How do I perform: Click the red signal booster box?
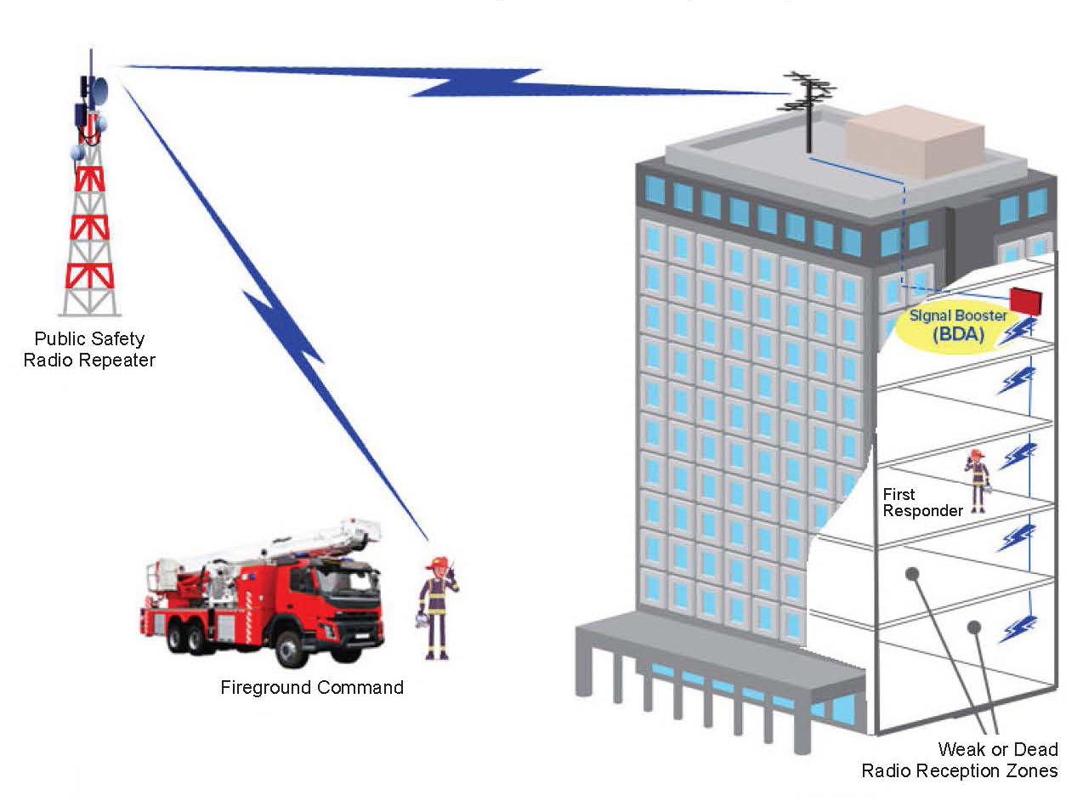pos(1025,300)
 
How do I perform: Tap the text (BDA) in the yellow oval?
pos(957,334)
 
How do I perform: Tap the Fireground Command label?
pos(312,687)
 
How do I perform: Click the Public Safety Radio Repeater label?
pos(89,349)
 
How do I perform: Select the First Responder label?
pos(922,502)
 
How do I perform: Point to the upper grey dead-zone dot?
pos(912,574)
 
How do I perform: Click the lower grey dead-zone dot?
pos(974,627)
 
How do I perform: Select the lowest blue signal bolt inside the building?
pos(1017,629)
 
